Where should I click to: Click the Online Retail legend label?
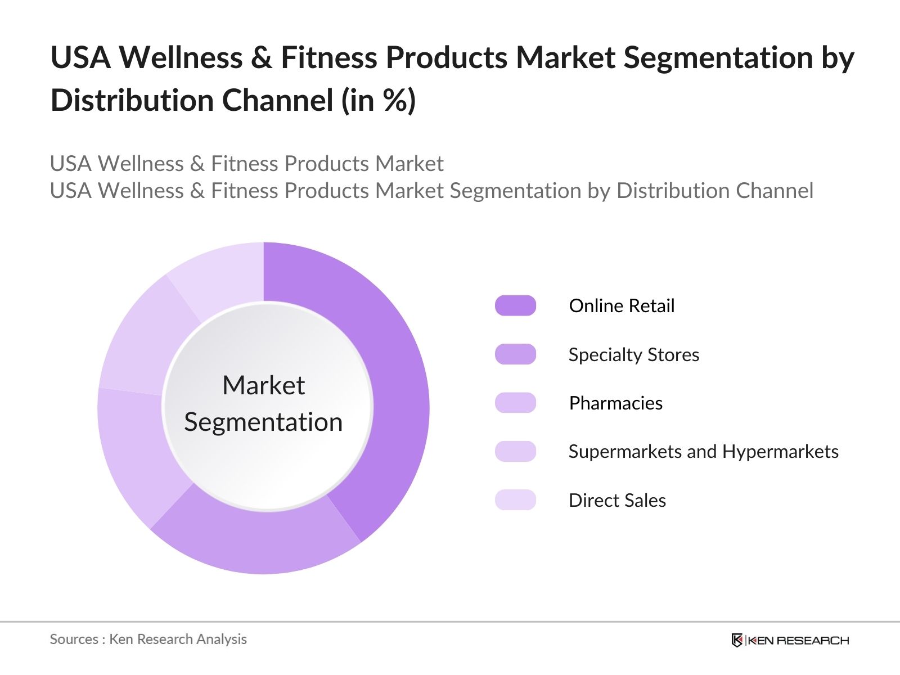click(622, 305)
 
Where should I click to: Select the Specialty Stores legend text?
click(634, 354)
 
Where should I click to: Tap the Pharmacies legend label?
click(616, 403)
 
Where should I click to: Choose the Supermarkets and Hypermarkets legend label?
click(703, 451)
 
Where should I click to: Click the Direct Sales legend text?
click(617, 500)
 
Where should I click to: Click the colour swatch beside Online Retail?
click(515, 305)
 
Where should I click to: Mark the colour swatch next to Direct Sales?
click(515, 500)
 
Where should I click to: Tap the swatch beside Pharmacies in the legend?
click(515, 403)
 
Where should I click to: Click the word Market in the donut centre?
click(263, 385)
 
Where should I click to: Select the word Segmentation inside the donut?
click(263, 422)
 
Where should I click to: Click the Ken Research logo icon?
click(737, 640)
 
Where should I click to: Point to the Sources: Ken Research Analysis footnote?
click(148, 639)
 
